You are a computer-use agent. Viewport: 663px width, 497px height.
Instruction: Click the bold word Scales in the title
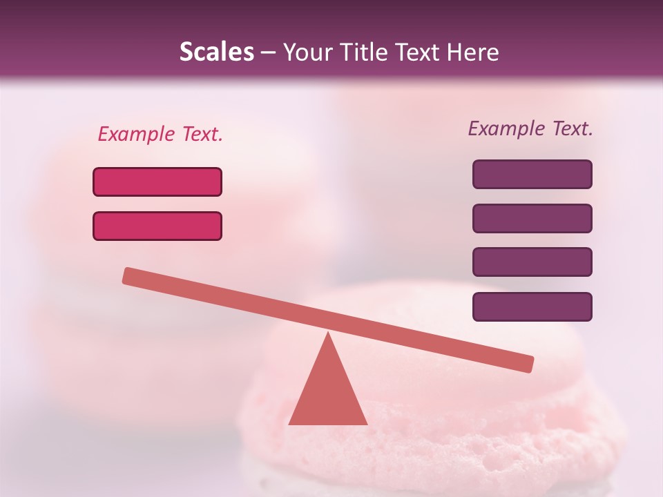tap(216, 52)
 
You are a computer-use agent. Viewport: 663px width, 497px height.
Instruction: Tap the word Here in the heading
tap(474, 52)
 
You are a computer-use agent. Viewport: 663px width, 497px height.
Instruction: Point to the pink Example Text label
tap(160, 134)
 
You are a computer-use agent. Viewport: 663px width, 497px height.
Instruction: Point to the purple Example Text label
tap(530, 128)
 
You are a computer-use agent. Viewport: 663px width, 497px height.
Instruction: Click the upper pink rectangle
tap(157, 182)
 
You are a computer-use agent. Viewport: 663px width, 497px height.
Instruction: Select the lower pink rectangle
tap(157, 226)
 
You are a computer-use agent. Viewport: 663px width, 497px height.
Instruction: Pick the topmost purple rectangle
tap(532, 174)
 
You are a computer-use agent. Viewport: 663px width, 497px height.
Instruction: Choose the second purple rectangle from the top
tap(532, 218)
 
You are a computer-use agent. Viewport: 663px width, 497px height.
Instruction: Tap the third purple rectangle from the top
tap(532, 262)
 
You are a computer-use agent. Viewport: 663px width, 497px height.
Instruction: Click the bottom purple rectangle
tap(532, 306)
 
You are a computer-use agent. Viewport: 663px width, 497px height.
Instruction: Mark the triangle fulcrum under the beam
tap(327, 393)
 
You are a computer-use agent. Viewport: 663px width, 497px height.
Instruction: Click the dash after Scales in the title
tap(268, 52)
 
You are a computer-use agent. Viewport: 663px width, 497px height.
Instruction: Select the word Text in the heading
tap(421, 52)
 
